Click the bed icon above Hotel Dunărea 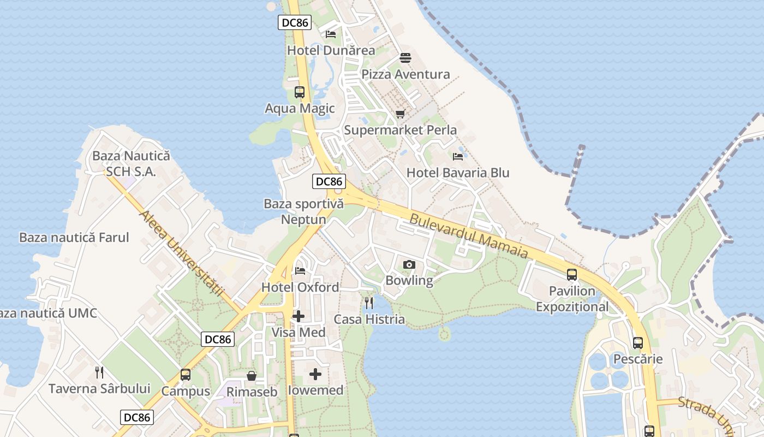click(331, 34)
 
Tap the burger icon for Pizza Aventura click(405, 57)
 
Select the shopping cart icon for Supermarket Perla click(401, 114)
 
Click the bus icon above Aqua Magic click(300, 92)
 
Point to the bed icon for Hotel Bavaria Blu click(458, 156)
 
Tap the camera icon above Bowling click(409, 265)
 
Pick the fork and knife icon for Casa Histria click(369, 303)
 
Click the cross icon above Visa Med click(299, 316)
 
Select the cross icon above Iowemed click(315, 374)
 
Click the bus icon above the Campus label click(186, 375)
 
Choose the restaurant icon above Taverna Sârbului click(99, 372)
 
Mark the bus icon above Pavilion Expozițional click(571, 275)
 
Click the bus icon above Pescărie click(637, 343)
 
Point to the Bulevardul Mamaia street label click(469, 236)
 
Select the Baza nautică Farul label click(74, 238)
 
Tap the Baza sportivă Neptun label click(303, 212)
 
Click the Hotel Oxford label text click(300, 287)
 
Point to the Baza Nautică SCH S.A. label click(131, 163)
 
